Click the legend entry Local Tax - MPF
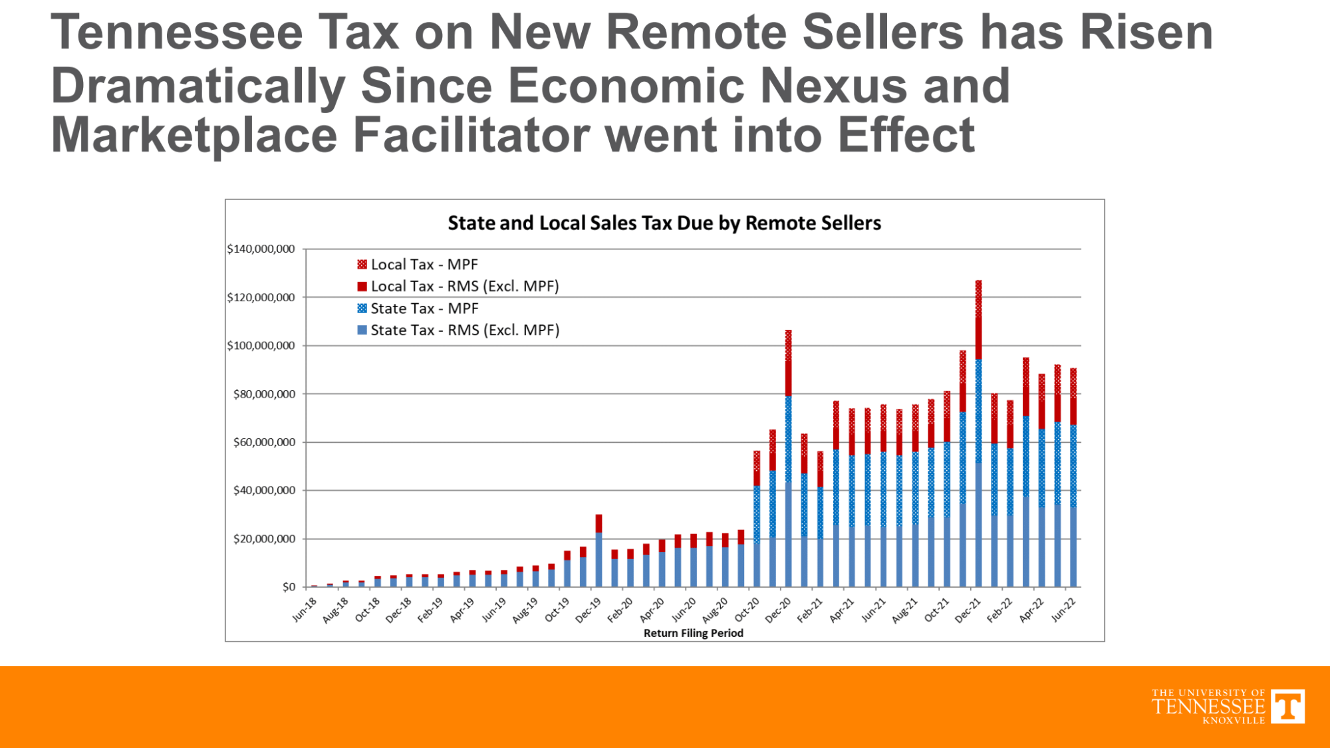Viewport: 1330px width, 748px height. tap(417, 265)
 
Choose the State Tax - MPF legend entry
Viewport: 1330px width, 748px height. tap(417, 309)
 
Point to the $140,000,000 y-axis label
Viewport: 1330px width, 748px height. tap(261, 249)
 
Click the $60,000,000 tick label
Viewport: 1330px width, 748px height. tap(264, 443)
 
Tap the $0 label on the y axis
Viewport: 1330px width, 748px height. tap(289, 587)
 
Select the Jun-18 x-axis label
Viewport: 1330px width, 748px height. tap(305, 610)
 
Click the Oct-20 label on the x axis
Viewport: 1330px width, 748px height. tap(747, 610)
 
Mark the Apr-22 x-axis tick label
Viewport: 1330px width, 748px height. tap(1031, 610)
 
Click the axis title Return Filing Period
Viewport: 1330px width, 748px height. tap(693, 633)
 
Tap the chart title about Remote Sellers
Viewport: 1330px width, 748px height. tap(664, 223)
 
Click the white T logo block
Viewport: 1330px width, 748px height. tap(1287, 706)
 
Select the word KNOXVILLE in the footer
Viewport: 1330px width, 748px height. tap(1234, 721)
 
